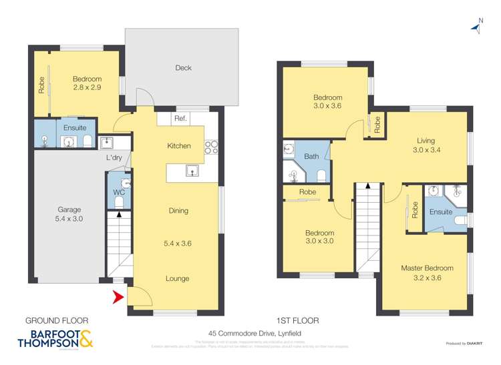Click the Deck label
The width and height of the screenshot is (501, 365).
click(183, 67)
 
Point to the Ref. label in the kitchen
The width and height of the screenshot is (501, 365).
click(179, 119)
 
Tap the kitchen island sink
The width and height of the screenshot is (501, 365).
click(193, 171)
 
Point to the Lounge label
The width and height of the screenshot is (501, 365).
click(178, 278)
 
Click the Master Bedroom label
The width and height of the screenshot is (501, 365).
click(427, 268)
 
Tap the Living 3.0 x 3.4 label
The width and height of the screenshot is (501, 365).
click(426, 145)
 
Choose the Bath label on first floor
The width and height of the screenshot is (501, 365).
click(312, 156)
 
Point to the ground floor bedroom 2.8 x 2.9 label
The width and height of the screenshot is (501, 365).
click(87, 83)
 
